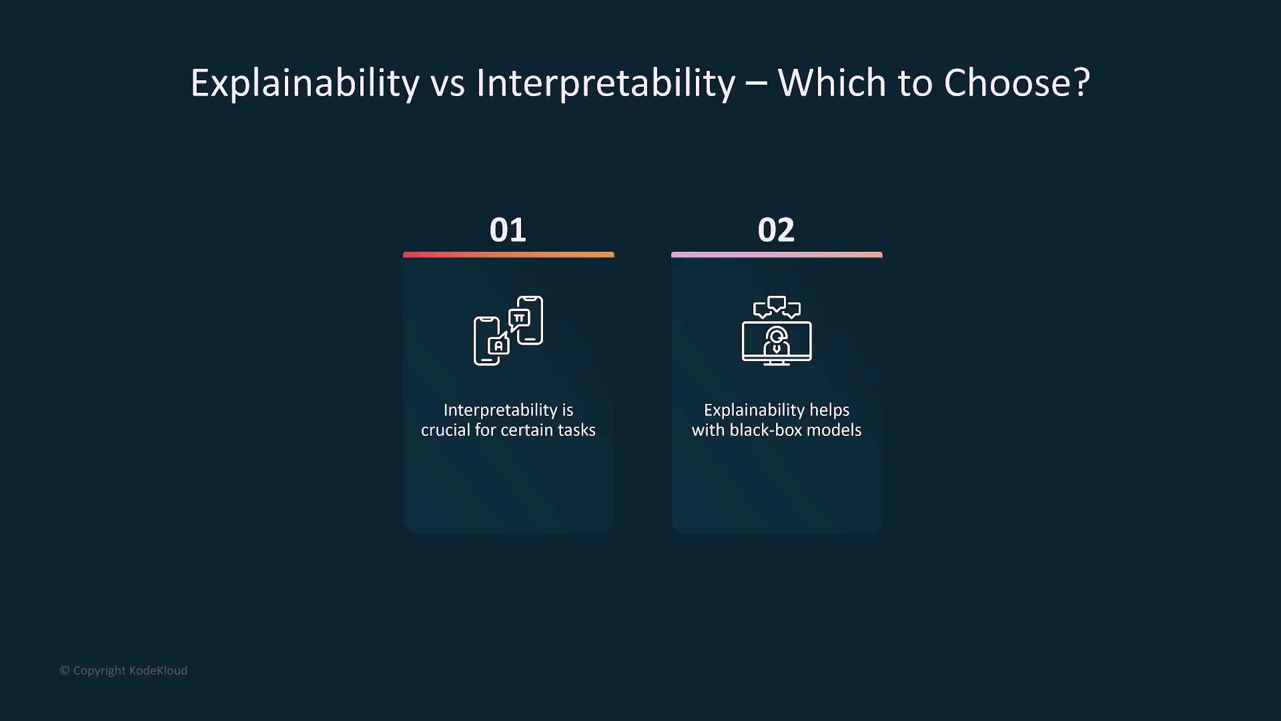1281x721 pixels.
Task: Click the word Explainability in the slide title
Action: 305,84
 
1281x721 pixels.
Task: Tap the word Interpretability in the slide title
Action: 606,84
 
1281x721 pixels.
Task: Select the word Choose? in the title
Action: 1017,83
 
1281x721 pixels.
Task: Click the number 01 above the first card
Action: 508,230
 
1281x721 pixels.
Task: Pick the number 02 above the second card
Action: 776,230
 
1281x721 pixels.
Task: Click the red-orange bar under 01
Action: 508,254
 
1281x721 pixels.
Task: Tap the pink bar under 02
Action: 777,254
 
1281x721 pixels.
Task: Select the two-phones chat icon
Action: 508,330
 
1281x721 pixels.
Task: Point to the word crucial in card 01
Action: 446,430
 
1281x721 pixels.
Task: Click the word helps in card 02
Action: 829,411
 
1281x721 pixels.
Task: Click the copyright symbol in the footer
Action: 65,670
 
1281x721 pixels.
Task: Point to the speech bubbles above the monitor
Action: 777,307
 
